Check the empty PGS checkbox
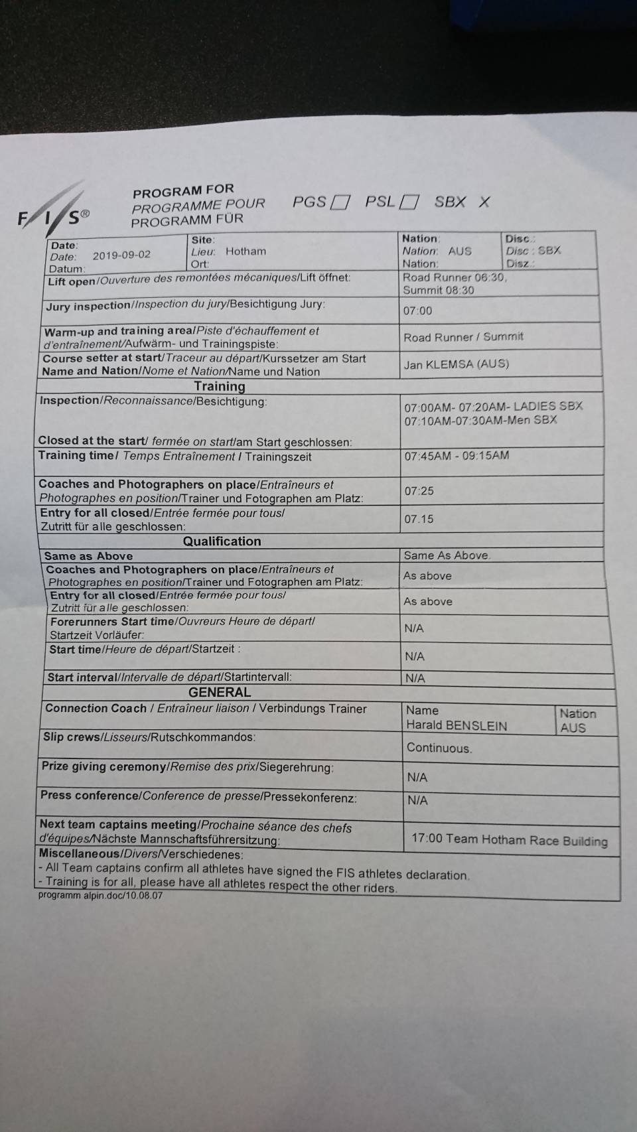point(340,202)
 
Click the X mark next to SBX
point(484,202)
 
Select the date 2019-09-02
point(121,255)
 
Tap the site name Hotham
point(246,251)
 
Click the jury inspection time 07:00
point(417,311)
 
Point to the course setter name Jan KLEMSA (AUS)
point(457,364)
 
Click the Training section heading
point(220,386)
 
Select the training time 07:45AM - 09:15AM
point(457,456)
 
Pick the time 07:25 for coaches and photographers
point(419,491)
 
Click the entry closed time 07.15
point(419,519)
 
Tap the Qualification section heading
point(222,541)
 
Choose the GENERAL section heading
point(220,692)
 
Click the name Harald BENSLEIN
point(457,726)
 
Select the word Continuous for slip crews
point(439,748)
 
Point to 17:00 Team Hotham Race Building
point(509,840)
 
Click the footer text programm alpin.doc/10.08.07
point(100,896)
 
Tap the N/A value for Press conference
point(417,801)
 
